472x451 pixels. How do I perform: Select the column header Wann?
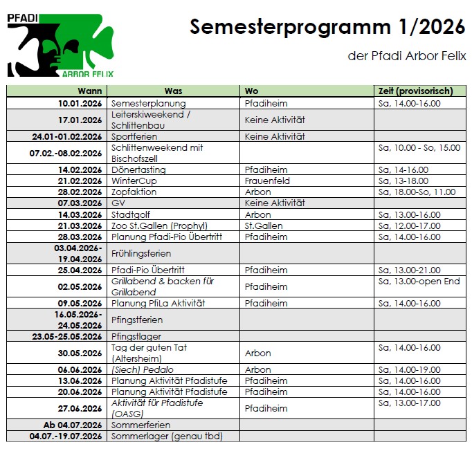(x=90, y=91)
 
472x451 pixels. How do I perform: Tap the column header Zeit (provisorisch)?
(x=415, y=91)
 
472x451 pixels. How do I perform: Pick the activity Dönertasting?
(x=138, y=169)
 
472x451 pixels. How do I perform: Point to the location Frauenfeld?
(x=267, y=181)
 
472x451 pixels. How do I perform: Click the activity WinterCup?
(x=134, y=181)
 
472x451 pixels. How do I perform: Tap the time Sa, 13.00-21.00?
(x=410, y=270)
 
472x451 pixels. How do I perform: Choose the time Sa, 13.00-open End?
(x=419, y=282)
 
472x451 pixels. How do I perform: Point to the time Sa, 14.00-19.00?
(x=410, y=369)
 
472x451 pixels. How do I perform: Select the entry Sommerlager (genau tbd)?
(x=166, y=436)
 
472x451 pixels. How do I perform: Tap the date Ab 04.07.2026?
(x=73, y=425)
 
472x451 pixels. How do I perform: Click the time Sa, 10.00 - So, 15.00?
(x=419, y=148)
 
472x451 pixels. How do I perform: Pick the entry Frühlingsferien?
(x=141, y=253)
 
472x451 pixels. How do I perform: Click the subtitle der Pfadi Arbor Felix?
(x=407, y=55)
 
